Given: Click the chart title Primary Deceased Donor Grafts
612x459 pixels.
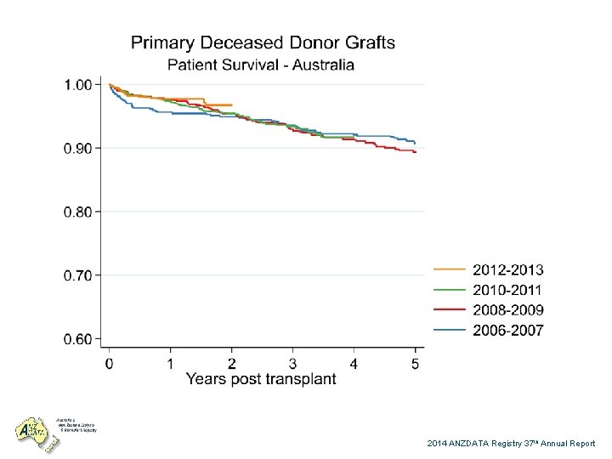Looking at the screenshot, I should click(x=262, y=42).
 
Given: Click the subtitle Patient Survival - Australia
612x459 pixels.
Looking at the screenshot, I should click(x=261, y=65).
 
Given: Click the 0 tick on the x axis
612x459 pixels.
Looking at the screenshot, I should click(x=109, y=363).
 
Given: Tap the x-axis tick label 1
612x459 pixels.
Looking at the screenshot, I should click(x=170, y=363).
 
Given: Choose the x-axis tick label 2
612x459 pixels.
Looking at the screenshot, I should click(x=231, y=363).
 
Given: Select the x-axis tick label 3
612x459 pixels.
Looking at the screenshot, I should click(x=292, y=363).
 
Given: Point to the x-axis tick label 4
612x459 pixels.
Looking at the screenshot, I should click(x=354, y=363).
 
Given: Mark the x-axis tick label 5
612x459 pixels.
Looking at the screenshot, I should click(x=415, y=363).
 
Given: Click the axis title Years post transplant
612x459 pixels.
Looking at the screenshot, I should click(x=261, y=379).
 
